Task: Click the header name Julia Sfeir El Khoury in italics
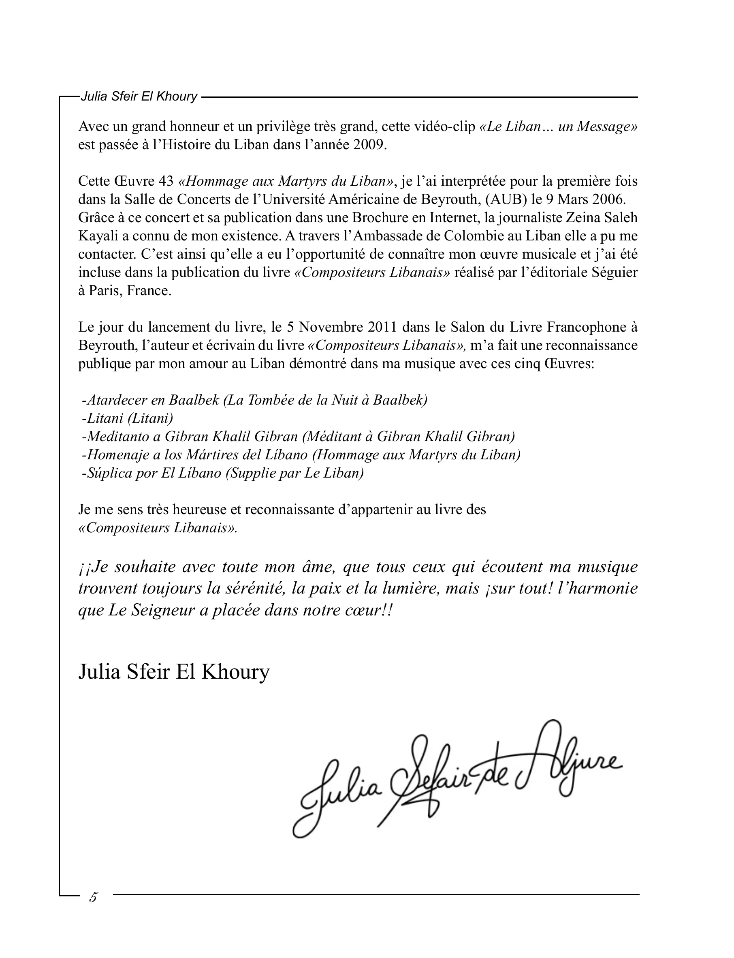coord(139,96)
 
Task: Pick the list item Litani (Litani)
coord(128,418)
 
